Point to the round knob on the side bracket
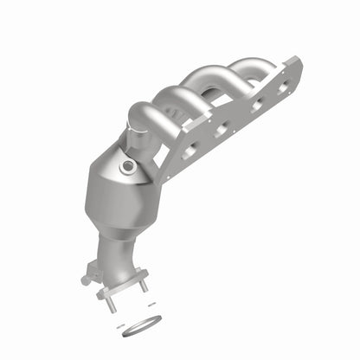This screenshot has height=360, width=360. click(86, 280)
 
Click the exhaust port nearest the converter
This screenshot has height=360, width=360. click(189, 153)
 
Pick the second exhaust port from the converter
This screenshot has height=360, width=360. click(220, 131)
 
